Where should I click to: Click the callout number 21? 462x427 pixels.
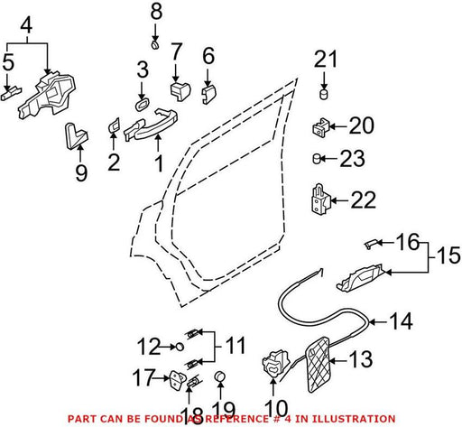pyautogui.click(x=326, y=59)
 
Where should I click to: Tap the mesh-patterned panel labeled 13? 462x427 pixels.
pyautogui.click(x=317, y=365)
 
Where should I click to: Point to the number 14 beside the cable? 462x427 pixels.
pyautogui.click(x=401, y=321)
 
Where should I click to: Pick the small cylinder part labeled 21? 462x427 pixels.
pyautogui.click(x=323, y=94)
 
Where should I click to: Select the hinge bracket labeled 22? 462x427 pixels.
pyautogui.click(x=320, y=200)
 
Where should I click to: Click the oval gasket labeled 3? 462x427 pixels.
pyautogui.click(x=141, y=105)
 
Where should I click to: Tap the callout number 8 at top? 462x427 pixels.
pyautogui.click(x=156, y=11)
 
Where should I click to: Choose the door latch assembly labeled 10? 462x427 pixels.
pyautogui.click(x=274, y=363)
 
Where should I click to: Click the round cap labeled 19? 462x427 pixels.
pyautogui.click(x=221, y=376)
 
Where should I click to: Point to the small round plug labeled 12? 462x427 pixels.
pyautogui.click(x=180, y=347)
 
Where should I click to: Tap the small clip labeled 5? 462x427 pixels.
pyautogui.click(x=11, y=94)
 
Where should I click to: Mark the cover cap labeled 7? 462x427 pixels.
pyautogui.click(x=180, y=90)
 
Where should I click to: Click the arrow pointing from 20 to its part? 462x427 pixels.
pyautogui.click(x=338, y=126)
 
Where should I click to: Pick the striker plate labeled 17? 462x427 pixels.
pyautogui.click(x=179, y=379)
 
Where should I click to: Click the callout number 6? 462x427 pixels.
pyautogui.click(x=208, y=56)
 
